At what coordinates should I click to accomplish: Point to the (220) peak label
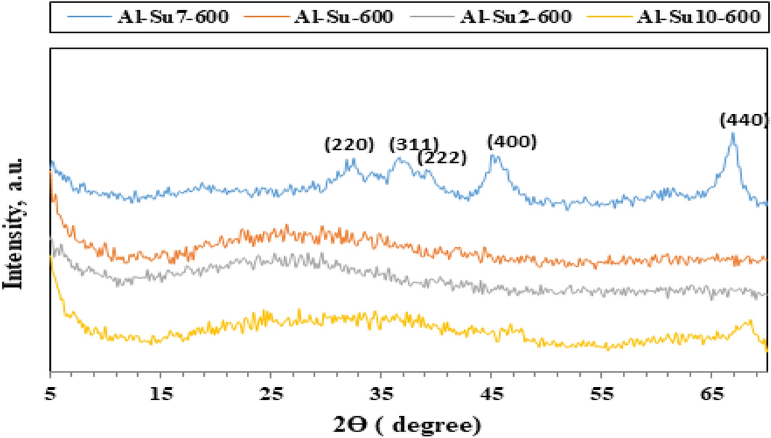click(349, 145)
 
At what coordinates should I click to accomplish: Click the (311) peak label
click(414, 143)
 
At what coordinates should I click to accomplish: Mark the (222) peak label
click(441, 157)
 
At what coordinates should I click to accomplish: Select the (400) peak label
click(512, 141)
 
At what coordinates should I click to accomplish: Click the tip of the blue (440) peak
click(733, 133)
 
